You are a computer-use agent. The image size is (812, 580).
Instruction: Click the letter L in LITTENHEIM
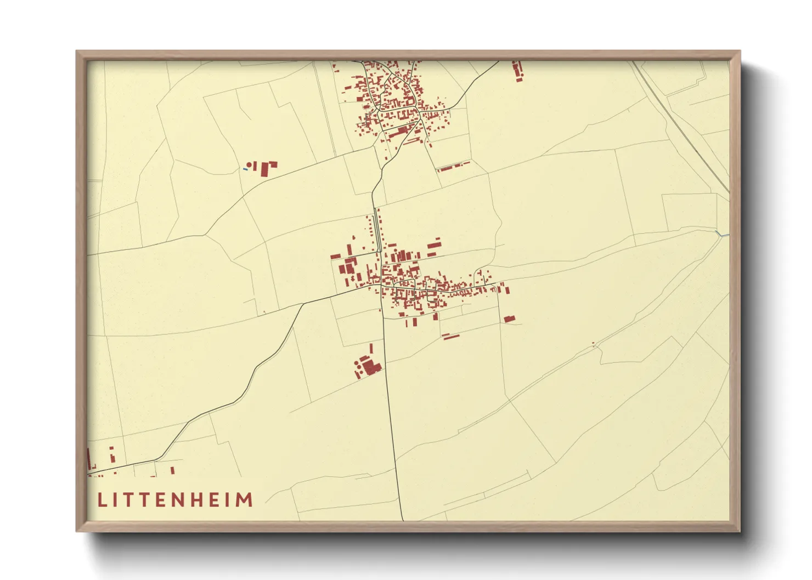click(x=102, y=499)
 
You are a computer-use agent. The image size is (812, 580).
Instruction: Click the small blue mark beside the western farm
click(x=245, y=169)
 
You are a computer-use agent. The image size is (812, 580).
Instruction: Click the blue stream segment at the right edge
click(x=724, y=236)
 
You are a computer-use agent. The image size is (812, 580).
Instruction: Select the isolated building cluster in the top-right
click(x=517, y=71)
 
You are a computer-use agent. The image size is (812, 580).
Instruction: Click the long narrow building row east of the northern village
click(x=453, y=166)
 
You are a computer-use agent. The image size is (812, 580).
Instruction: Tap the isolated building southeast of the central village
click(x=509, y=319)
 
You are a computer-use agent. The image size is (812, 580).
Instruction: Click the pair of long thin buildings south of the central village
click(x=450, y=336)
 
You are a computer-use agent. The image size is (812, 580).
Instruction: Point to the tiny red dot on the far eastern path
click(x=593, y=344)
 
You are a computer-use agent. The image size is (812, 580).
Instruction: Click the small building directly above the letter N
click(x=172, y=470)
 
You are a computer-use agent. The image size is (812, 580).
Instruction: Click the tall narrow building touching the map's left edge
click(x=89, y=457)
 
